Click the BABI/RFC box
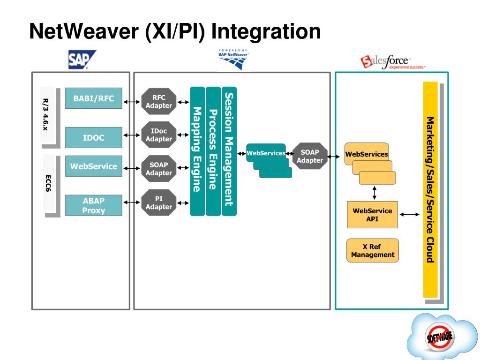pos(94,98)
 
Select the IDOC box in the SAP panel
pos(94,137)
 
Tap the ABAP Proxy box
pos(94,205)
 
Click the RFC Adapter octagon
pos(159,101)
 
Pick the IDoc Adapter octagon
pos(159,135)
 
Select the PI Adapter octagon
pos(159,202)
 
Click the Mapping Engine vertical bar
pos(197,150)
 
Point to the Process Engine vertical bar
pos(213,150)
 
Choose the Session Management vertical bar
pos(229,150)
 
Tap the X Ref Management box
pos(373,250)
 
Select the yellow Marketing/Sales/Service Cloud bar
pos(430,189)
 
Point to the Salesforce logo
pos(392,62)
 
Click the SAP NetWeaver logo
pos(233,59)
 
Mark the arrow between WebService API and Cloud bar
pos(411,215)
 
